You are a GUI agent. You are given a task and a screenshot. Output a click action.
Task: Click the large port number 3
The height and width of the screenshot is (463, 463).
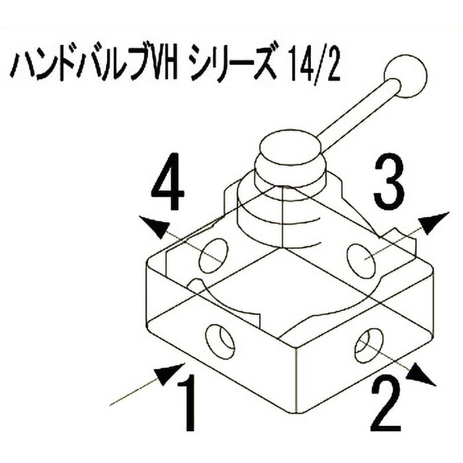tap(388, 181)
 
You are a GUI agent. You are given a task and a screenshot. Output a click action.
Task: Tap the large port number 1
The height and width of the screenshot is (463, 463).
tap(186, 402)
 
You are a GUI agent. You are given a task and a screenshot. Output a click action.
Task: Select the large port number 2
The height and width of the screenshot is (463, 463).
tap(385, 404)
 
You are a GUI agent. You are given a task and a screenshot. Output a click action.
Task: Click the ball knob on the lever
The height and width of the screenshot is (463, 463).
tap(407, 76)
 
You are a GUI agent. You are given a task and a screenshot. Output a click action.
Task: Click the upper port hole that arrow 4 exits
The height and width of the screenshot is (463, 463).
tap(214, 256)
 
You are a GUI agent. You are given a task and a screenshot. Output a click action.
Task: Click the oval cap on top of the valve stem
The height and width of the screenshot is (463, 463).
tap(290, 145)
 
